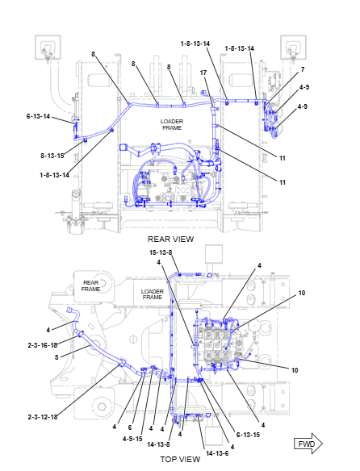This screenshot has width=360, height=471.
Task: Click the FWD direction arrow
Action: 308,444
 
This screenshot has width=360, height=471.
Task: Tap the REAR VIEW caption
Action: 170,239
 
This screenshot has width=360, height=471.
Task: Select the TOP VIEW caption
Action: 180,459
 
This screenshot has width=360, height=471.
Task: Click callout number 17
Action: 203,73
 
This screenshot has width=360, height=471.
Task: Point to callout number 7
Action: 303,69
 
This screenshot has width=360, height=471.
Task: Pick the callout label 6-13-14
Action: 38,116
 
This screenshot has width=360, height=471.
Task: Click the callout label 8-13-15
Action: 52,156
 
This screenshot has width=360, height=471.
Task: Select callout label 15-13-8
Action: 161,252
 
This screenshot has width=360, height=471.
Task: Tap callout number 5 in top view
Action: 57,357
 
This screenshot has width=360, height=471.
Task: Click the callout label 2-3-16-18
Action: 43,345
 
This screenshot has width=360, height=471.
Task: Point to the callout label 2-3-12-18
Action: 43,417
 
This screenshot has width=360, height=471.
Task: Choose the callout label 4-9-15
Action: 132,439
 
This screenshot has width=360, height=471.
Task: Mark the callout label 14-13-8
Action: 158,444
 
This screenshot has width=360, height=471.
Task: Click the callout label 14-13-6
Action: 217,453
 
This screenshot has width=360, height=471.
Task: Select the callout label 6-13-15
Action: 248,435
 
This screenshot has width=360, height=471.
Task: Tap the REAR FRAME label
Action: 90,286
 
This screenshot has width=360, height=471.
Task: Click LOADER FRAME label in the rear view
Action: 172,124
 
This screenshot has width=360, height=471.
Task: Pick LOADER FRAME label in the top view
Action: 153,294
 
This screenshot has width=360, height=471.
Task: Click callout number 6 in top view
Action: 130,427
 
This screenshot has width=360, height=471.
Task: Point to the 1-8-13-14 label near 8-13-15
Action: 54,175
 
